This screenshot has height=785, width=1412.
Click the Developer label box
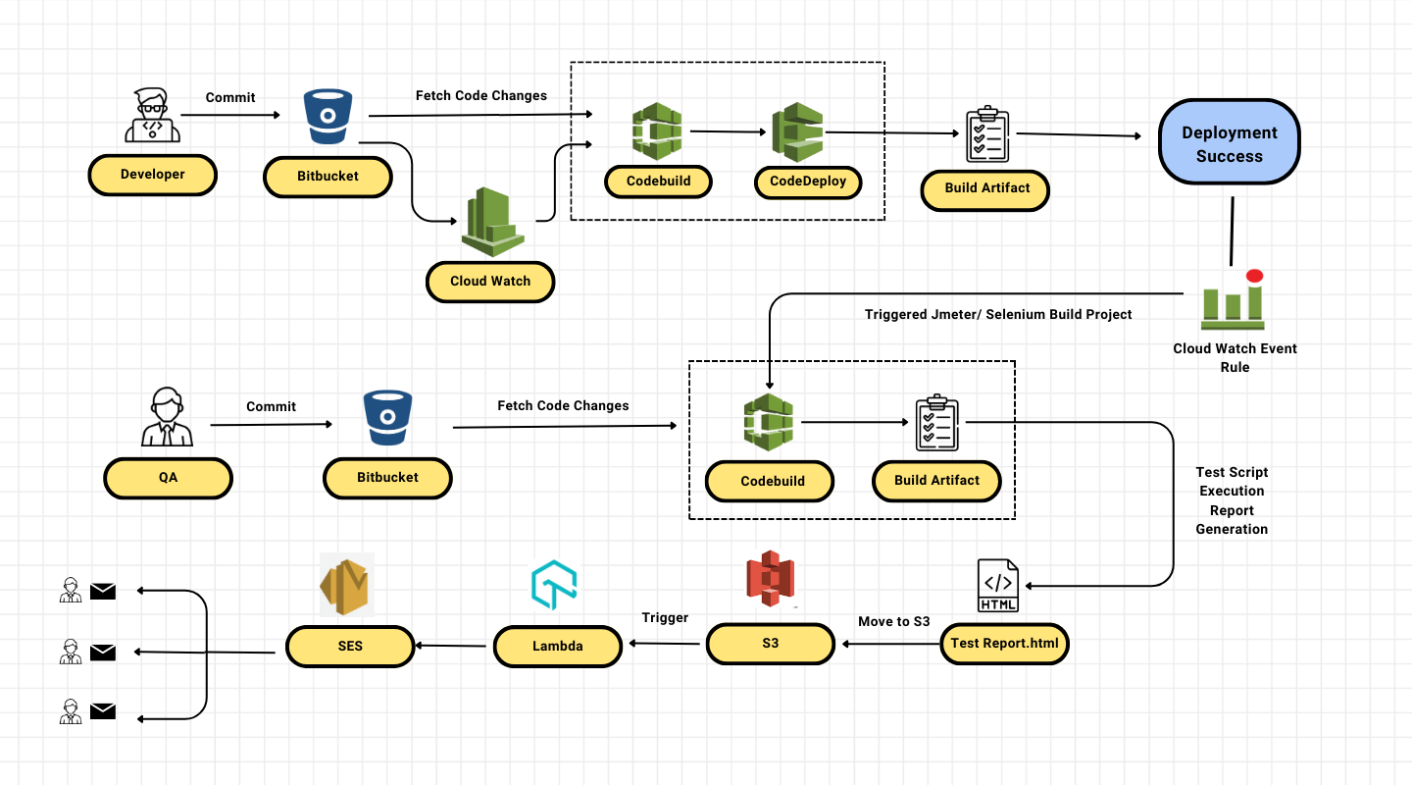coord(152,175)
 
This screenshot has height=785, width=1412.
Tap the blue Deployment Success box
coord(1229,143)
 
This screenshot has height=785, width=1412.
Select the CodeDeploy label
coord(808,182)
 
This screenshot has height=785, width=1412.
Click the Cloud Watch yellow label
coord(490,281)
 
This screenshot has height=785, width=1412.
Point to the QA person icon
coord(167,417)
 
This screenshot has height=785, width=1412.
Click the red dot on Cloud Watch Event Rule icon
coord(1254,276)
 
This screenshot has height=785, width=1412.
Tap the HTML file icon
coord(998,586)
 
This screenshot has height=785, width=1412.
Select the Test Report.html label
coord(1004,645)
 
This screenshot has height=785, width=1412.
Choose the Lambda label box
coord(557,646)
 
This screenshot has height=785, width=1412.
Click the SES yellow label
coord(350,646)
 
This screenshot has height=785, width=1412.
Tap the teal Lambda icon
coord(554,586)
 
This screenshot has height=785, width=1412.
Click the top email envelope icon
coord(103,591)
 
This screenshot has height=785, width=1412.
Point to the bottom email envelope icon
coord(103,712)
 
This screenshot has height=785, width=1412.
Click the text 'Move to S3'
coord(893,621)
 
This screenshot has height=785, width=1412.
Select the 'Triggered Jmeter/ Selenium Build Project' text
coord(997,314)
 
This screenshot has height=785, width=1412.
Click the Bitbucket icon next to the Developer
coord(328,118)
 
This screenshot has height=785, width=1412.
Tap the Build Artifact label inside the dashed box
coord(936,481)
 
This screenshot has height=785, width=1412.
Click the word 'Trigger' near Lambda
coord(665,617)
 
